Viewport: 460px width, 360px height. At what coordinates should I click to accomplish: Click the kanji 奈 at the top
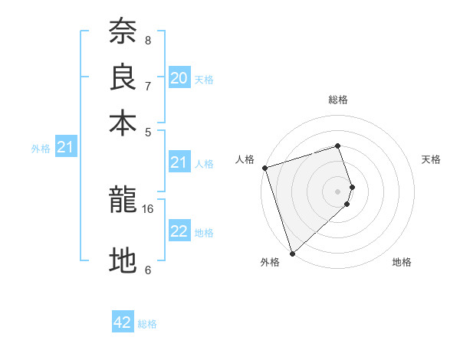click(x=123, y=32)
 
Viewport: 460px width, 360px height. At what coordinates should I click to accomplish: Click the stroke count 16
click(x=148, y=208)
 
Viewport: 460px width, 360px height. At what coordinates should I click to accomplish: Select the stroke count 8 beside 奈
click(x=148, y=40)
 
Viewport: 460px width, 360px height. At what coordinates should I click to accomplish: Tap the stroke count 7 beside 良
click(x=148, y=86)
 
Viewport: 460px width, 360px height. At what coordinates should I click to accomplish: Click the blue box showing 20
click(x=179, y=78)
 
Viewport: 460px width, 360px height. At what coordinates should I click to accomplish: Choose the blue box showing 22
click(x=179, y=231)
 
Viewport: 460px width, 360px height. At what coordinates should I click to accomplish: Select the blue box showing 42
click(x=123, y=322)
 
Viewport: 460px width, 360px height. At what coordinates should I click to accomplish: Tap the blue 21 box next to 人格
click(x=179, y=162)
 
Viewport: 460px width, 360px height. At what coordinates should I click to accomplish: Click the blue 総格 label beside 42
click(x=147, y=324)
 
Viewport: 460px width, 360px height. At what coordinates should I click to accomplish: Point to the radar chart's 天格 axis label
click(x=431, y=159)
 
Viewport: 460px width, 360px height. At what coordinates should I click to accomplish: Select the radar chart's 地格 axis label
click(x=402, y=262)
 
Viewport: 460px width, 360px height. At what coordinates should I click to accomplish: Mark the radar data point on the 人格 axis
click(x=264, y=167)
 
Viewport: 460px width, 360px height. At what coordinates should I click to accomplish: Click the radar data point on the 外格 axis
click(x=292, y=252)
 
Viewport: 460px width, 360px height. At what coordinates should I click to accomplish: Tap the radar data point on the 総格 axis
click(x=338, y=146)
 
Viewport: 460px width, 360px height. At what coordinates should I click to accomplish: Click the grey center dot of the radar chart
click(x=338, y=191)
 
